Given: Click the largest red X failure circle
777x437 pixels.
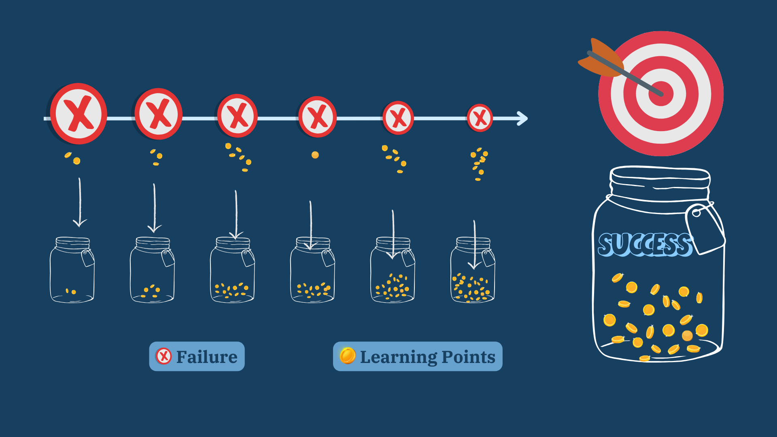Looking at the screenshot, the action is pyautogui.click(x=79, y=114).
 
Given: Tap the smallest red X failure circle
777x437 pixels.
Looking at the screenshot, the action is pyautogui.click(x=480, y=118).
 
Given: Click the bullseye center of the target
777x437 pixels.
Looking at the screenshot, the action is pyautogui.click(x=661, y=93).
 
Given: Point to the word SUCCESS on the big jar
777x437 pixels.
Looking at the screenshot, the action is pyautogui.click(x=645, y=244).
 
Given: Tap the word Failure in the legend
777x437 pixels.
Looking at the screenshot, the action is pyautogui.click(x=207, y=357).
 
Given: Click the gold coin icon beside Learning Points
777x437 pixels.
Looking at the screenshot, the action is pyautogui.click(x=347, y=356).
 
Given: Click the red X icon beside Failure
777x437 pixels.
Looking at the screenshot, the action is pyautogui.click(x=163, y=356).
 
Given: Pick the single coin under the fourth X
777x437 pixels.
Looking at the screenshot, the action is pyautogui.click(x=315, y=155).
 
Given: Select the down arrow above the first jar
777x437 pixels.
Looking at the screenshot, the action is pyautogui.click(x=80, y=202).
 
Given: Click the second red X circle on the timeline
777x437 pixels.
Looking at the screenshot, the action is pyautogui.click(x=159, y=114).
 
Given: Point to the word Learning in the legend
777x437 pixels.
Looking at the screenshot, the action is pyautogui.click(x=398, y=357).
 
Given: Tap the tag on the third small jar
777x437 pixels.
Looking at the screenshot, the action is pyautogui.click(x=248, y=258).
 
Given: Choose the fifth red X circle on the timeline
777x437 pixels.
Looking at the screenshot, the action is pyautogui.click(x=398, y=118).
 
